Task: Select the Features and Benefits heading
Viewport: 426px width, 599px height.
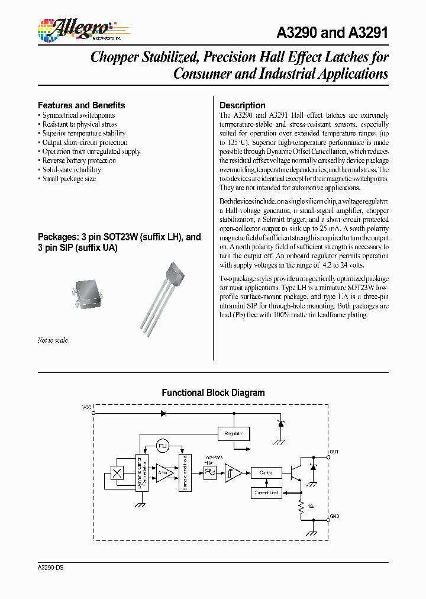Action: (x=81, y=105)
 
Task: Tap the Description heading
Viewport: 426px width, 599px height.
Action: (x=242, y=105)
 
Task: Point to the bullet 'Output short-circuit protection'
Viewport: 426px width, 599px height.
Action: (x=84, y=143)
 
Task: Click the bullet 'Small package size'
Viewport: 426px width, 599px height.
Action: (x=69, y=179)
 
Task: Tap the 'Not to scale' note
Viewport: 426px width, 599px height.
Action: (x=53, y=340)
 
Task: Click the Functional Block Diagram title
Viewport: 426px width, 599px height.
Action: (x=213, y=392)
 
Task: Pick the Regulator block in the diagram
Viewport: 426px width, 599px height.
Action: (x=234, y=433)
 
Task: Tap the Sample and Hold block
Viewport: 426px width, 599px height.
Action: (x=185, y=472)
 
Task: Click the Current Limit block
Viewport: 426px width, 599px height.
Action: (x=266, y=492)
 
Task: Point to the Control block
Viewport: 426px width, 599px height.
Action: (x=266, y=473)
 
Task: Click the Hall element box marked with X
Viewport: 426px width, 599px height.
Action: (x=117, y=473)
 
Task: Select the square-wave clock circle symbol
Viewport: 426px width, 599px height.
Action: (x=163, y=445)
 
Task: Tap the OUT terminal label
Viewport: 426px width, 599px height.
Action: (x=334, y=452)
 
